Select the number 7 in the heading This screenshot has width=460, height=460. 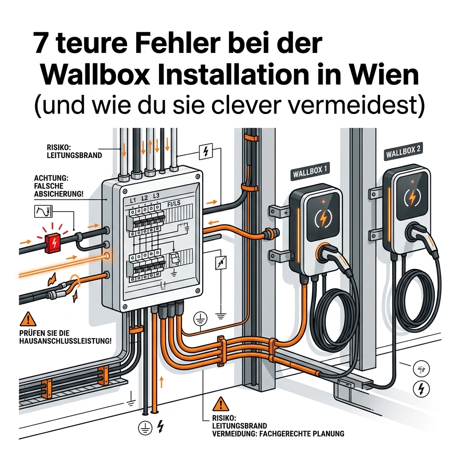pos(41,43)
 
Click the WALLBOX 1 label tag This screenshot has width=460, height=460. pos(310,171)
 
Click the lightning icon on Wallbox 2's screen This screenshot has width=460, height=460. pos(412,198)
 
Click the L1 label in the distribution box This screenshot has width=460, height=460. pos(133,200)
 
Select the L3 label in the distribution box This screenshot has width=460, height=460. pos(156,196)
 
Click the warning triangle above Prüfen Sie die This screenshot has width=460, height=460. pos(28,319)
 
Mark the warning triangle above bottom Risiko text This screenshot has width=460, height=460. pos(221,404)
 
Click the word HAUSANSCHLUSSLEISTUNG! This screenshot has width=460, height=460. pos(66,341)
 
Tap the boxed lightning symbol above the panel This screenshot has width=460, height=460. pos(206,152)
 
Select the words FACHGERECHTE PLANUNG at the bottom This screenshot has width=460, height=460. pos(302,433)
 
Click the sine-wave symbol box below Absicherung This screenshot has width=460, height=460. pos(43,211)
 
